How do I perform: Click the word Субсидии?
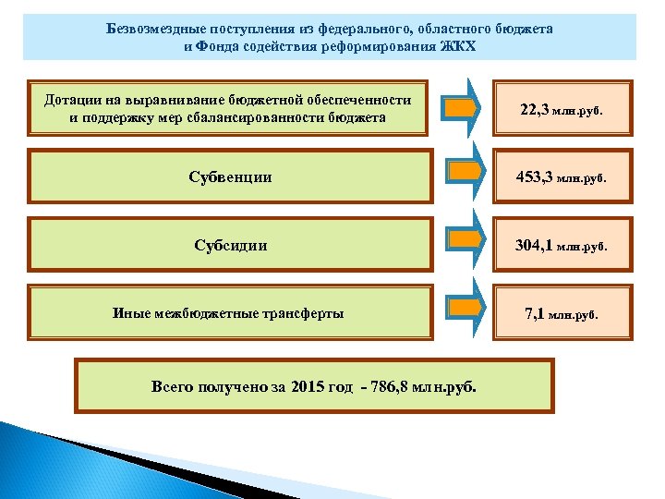[231, 246]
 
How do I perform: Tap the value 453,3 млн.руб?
[562, 177]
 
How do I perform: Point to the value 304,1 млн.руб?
[562, 246]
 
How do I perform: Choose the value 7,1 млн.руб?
[562, 314]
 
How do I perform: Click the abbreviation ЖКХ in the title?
[458, 46]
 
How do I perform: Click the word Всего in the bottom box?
[172, 386]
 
